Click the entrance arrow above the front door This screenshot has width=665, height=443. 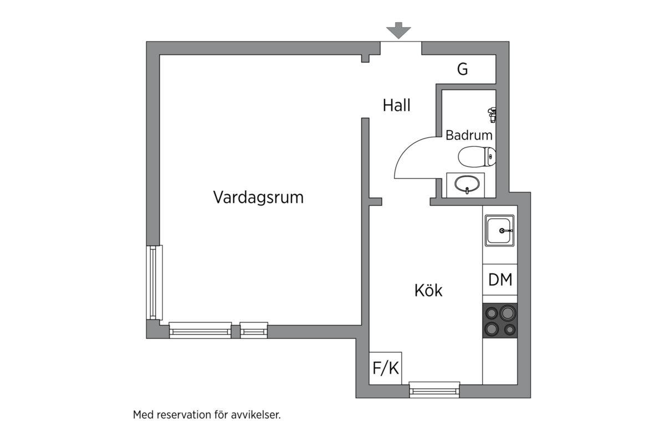click(398, 31)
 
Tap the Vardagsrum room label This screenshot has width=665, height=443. click(258, 197)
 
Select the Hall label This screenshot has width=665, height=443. click(397, 105)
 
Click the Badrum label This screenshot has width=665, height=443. click(469, 135)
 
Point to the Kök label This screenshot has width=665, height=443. click(428, 290)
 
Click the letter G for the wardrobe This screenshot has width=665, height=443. click(463, 70)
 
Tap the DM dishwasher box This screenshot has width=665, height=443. click(500, 280)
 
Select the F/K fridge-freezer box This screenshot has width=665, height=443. click(386, 368)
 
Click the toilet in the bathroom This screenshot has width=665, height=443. click(477, 157)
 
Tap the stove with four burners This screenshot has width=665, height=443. click(500, 321)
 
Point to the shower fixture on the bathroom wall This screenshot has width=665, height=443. click(491, 114)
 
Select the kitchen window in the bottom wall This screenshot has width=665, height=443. click(434, 390)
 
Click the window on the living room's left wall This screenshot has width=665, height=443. click(155, 282)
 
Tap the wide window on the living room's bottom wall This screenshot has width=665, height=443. click(200, 330)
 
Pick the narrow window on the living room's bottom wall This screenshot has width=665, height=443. click(254, 330)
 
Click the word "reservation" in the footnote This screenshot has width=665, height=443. click(184, 415)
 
